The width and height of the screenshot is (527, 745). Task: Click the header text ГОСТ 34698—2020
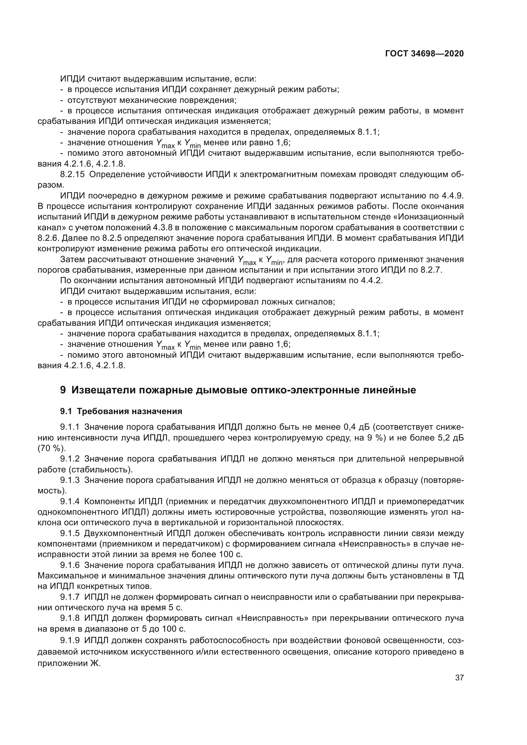point(424,54)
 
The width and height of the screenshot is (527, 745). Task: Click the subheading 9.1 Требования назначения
point(121,412)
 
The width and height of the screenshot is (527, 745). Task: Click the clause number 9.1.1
point(70,427)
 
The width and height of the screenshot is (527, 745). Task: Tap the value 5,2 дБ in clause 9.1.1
point(451,438)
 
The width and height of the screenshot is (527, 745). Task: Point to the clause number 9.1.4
point(70,502)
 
